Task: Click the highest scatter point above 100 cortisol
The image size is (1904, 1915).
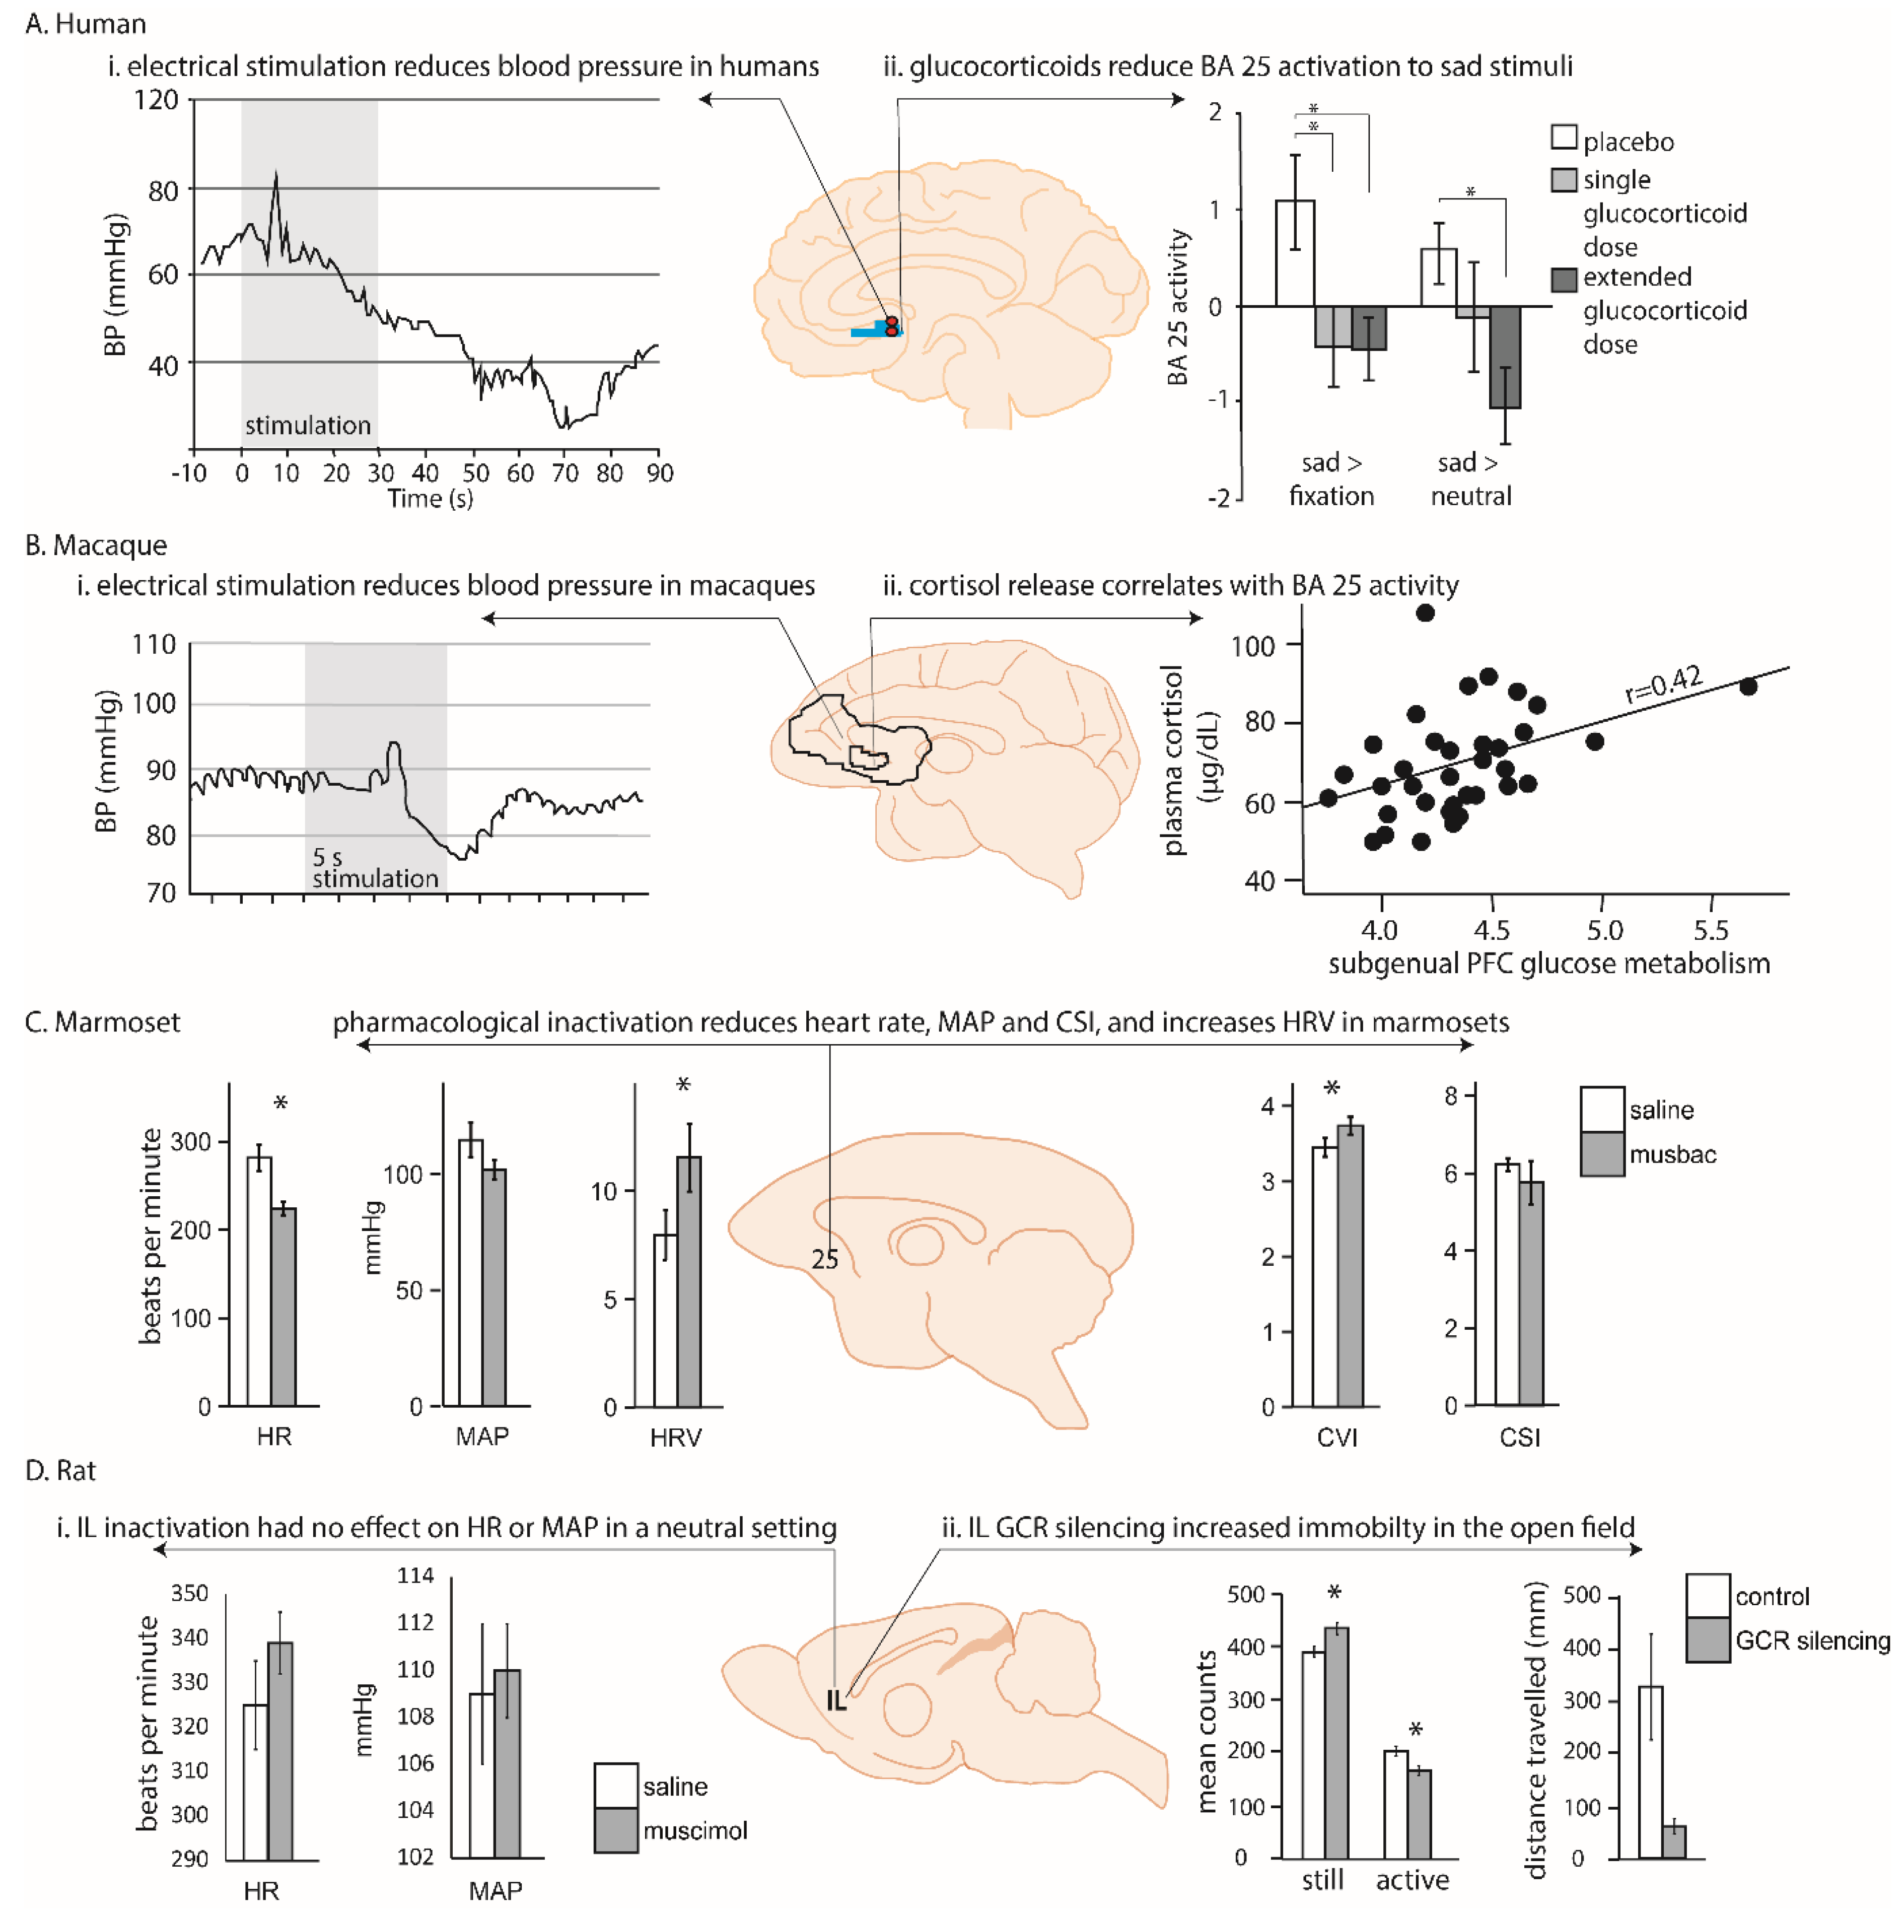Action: pyautogui.click(x=1425, y=612)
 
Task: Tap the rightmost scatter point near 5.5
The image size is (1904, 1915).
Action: pyautogui.click(x=1748, y=686)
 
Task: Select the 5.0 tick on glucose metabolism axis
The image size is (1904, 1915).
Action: pyautogui.click(x=1605, y=930)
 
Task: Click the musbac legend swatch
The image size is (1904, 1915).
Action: pyautogui.click(x=1602, y=1154)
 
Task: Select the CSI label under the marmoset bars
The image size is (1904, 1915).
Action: pyautogui.click(x=1519, y=1437)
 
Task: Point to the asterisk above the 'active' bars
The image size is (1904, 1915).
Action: pyautogui.click(x=1416, y=1730)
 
